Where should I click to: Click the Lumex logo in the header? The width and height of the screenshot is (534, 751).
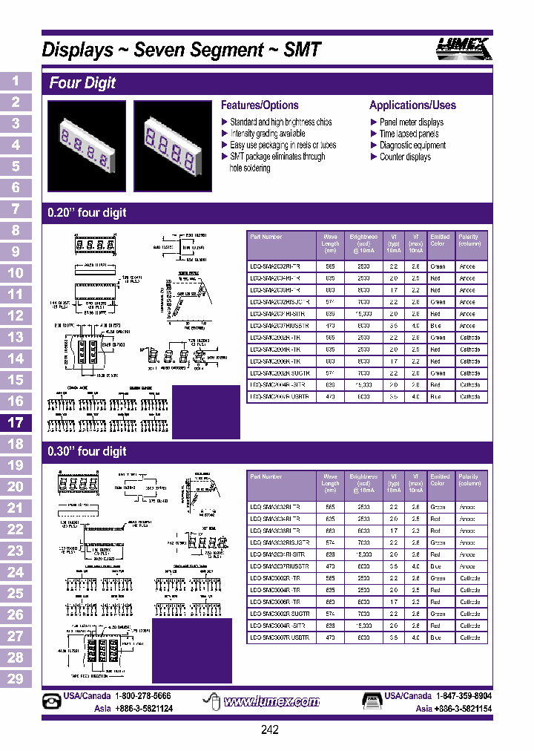[462, 48]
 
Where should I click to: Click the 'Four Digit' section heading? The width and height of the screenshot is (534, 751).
[82, 83]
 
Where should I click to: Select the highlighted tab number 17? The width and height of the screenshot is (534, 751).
[16, 423]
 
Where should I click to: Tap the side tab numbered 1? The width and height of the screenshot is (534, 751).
[16, 81]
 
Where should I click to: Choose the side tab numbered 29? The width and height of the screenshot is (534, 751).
[16, 678]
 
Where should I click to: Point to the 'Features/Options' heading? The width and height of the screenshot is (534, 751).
[260, 105]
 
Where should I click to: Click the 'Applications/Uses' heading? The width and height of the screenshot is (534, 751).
[412, 105]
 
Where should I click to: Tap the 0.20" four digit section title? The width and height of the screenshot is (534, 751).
[87, 213]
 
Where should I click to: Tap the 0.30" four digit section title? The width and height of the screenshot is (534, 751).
[87, 451]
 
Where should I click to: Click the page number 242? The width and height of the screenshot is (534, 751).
[270, 730]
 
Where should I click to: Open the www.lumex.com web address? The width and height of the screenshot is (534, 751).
[271, 701]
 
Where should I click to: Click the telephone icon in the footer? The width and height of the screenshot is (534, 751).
[52, 702]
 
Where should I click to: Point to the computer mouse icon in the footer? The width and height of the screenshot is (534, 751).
[211, 702]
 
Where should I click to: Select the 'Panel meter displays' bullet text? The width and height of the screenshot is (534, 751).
[412, 122]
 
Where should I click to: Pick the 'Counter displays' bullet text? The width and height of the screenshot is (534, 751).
[406, 157]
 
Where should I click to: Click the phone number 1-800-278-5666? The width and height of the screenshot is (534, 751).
[142, 696]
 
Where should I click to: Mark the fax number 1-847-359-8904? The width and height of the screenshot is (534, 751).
[464, 696]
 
